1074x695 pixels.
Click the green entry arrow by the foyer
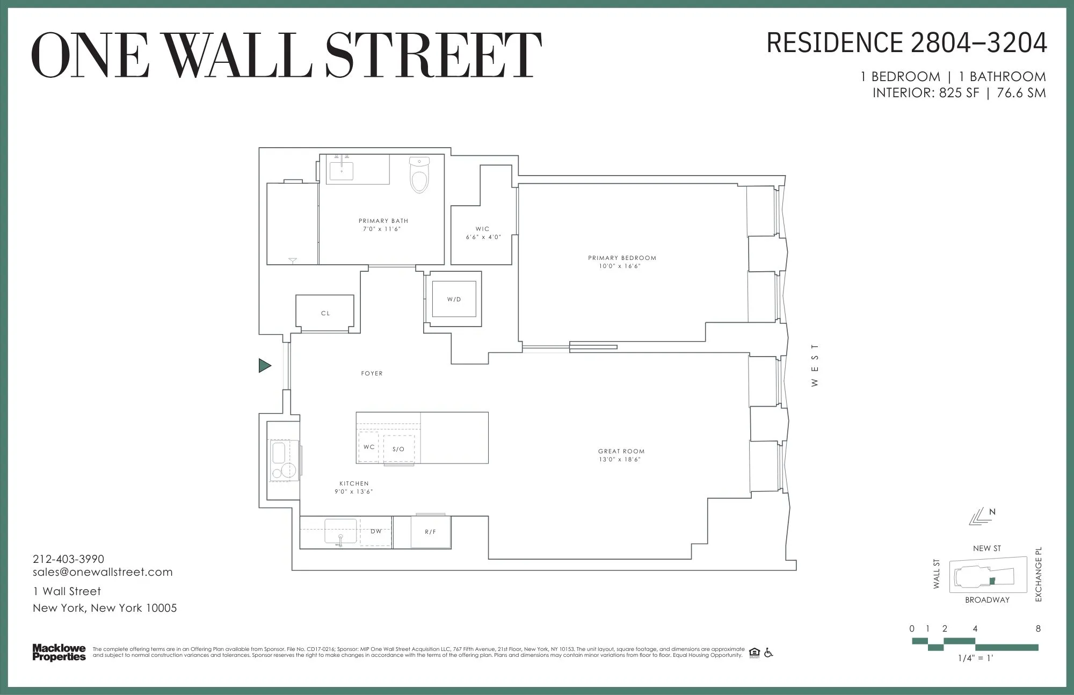[x=264, y=366]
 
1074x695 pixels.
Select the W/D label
[x=454, y=300]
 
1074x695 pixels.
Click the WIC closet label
[x=483, y=229]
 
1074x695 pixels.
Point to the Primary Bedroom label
[x=622, y=258]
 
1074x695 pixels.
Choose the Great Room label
[x=621, y=451]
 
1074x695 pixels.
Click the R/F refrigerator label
[x=431, y=532]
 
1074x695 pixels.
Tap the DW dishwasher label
[x=376, y=531]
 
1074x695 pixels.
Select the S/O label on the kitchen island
[x=398, y=449]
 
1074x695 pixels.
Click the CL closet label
[x=325, y=313]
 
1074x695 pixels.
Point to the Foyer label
[x=372, y=373]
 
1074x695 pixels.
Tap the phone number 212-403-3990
[x=69, y=559]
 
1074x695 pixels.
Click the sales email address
[x=103, y=572]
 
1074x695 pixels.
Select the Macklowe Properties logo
[x=59, y=653]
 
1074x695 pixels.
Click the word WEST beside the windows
[x=815, y=365]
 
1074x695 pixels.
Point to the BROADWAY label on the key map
[x=987, y=600]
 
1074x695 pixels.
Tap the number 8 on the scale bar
[x=1038, y=628]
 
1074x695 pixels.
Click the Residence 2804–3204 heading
[x=906, y=43]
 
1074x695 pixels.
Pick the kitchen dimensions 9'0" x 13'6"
[x=354, y=491]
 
